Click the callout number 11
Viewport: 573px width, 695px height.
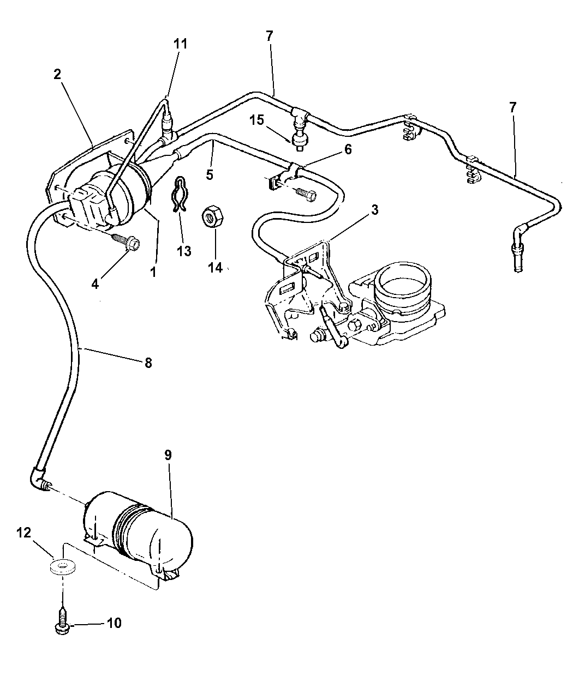[x=180, y=44]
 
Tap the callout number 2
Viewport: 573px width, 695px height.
[x=57, y=74]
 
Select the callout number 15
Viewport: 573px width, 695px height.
[x=256, y=120]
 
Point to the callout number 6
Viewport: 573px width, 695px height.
[x=348, y=149]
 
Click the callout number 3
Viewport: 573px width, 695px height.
[x=375, y=210]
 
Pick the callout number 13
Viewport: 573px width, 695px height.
[x=184, y=251]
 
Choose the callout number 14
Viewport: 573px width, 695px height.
[x=216, y=267]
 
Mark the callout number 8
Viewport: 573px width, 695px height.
[x=148, y=363]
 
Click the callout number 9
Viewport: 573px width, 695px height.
[x=168, y=455]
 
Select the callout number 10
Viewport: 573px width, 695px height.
[x=114, y=623]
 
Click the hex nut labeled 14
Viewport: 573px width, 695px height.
[x=213, y=217]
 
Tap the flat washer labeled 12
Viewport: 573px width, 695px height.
[x=63, y=567]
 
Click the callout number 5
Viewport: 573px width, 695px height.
[x=210, y=174]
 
